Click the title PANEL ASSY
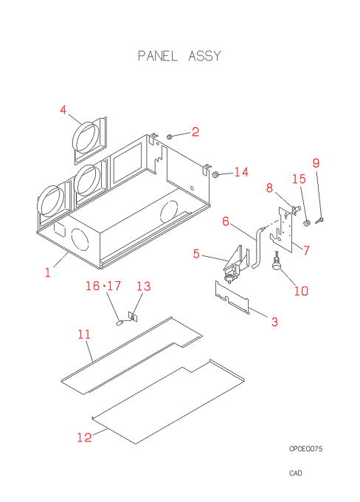tap(179, 55)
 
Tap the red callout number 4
tap(63, 110)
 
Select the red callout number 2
tap(195, 131)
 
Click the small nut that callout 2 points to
tap(170, 137)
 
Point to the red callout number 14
tap(241, 172)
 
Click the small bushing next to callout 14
tap(215, 174)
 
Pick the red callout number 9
tap(316, 163)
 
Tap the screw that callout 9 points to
tap(320, 220)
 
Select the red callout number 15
tap(300, 179)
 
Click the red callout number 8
tap(269, 188)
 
